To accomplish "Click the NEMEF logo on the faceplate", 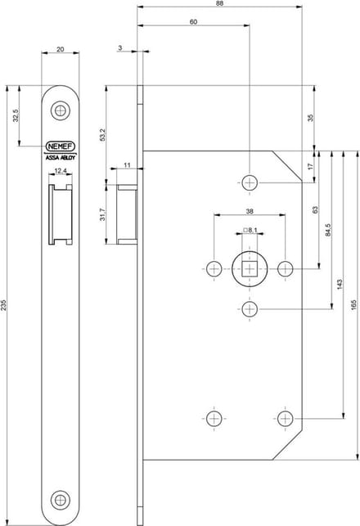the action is pos(61,146).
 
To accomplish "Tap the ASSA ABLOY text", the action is pos(61,157).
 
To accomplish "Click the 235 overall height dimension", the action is pos(3,305).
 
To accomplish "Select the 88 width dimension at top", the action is pos(220,3).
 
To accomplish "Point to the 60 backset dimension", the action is pos(194,22).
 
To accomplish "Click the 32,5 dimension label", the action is pos(16,115).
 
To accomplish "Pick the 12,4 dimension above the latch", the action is pos(61,171).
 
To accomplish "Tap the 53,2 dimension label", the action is pos(103,135).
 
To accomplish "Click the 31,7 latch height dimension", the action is pos(103,214).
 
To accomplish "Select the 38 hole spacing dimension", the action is pos(250,211).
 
